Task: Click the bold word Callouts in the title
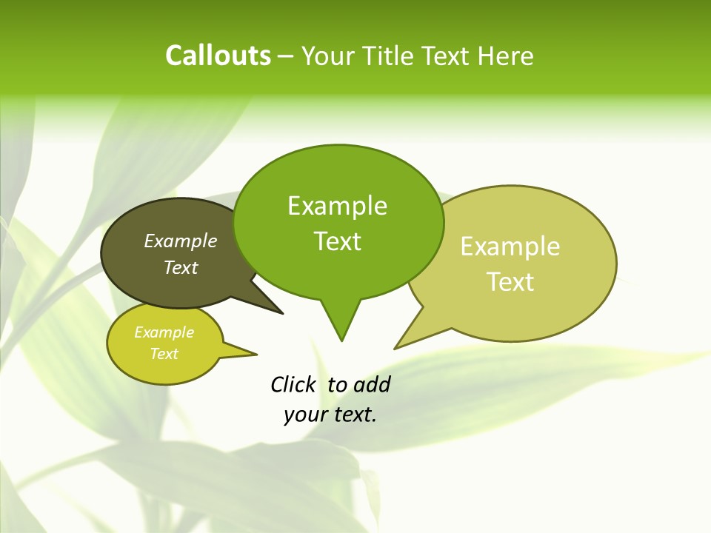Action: click(218, 56)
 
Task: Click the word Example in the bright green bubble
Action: click(337, 206)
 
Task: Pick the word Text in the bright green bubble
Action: click(337, 241)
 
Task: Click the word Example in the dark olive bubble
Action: click(180, 241)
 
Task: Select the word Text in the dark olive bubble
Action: click(180, 267)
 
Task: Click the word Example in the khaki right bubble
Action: click(510, 247)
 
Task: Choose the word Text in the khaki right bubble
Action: click(510, 281)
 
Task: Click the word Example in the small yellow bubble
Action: click(164, 332)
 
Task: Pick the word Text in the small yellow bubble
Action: click(164, 354)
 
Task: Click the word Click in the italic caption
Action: click(293, 384)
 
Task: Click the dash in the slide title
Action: click(286, 56)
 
